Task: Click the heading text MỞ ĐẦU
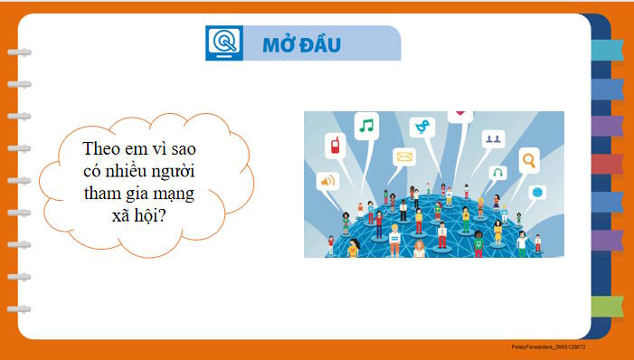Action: click(x=300, y=44)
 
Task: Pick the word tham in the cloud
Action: click(x=101, y=194)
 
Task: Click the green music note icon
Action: click(x=365, y=125)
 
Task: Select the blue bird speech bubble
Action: click(x=421, y=128)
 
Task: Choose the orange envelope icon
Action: click(x=403, y=157)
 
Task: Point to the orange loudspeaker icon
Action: click(x=326, y=181)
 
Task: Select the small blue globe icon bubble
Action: click(x=537, y=192)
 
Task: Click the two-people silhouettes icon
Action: click(x=493, y=139)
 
